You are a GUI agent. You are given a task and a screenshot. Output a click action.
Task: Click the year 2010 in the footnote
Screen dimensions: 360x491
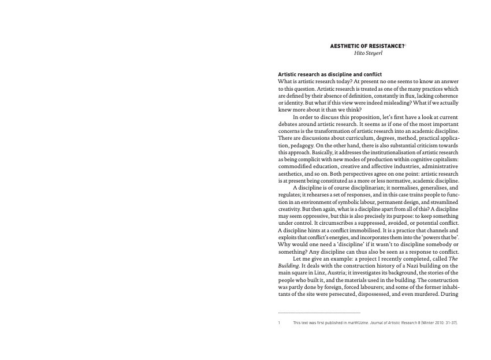coord(435,322)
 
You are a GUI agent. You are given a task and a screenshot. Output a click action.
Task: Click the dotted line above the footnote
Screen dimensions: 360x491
coord(319,313)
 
